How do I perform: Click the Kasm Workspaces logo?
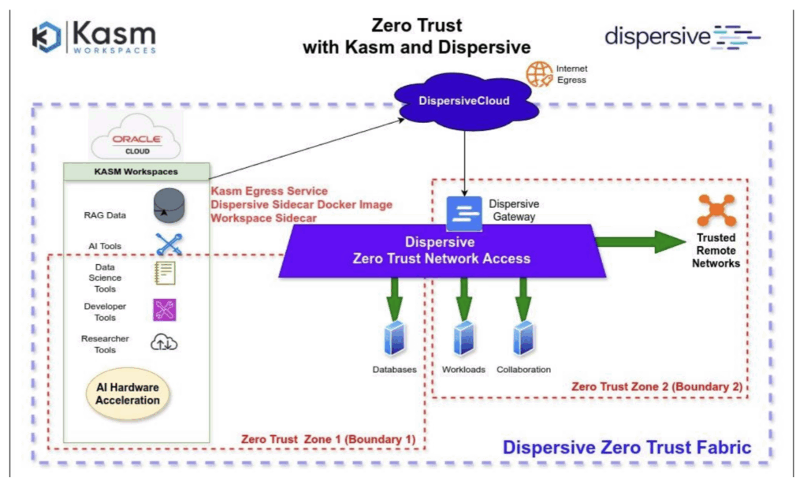tap(94, 37)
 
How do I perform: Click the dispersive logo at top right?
tap(682, 36)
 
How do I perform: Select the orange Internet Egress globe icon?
tap(540, 74)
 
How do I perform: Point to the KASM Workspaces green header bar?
tap(136, 171)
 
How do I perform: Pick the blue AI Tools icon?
tap(169, 245)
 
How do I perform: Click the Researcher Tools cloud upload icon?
tap(164, 342)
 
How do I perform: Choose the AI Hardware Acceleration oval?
tap(128, 393)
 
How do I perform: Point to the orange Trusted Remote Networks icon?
tap(716, 210)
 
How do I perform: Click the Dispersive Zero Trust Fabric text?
tap(627, 448)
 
